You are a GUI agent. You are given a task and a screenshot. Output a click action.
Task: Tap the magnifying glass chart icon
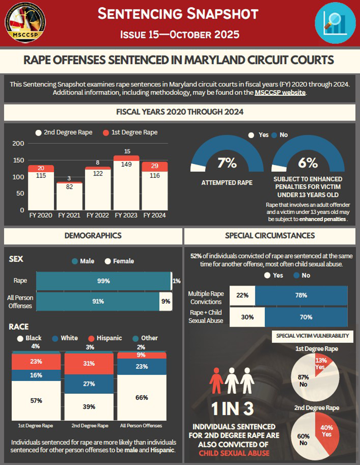[335, 22]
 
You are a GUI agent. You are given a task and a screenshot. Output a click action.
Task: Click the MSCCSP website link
[278, 93]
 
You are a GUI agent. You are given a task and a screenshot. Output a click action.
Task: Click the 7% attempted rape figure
[226, 163]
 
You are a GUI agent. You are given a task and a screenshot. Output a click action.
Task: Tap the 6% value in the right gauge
[308, 163]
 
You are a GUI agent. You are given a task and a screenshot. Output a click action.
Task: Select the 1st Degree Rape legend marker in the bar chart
[105, 133]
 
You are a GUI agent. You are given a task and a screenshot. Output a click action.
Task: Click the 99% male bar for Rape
[103, 281]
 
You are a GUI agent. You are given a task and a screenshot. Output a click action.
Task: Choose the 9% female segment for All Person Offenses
[165, 301]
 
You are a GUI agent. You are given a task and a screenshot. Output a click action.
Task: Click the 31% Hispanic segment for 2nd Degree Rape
[89, 363]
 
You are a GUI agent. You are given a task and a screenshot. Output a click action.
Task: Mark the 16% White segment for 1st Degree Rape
[36, 375]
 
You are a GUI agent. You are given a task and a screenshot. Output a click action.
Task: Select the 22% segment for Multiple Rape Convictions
[242, 295]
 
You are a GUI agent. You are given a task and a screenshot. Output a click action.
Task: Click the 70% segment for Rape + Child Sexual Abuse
[306, 317]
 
